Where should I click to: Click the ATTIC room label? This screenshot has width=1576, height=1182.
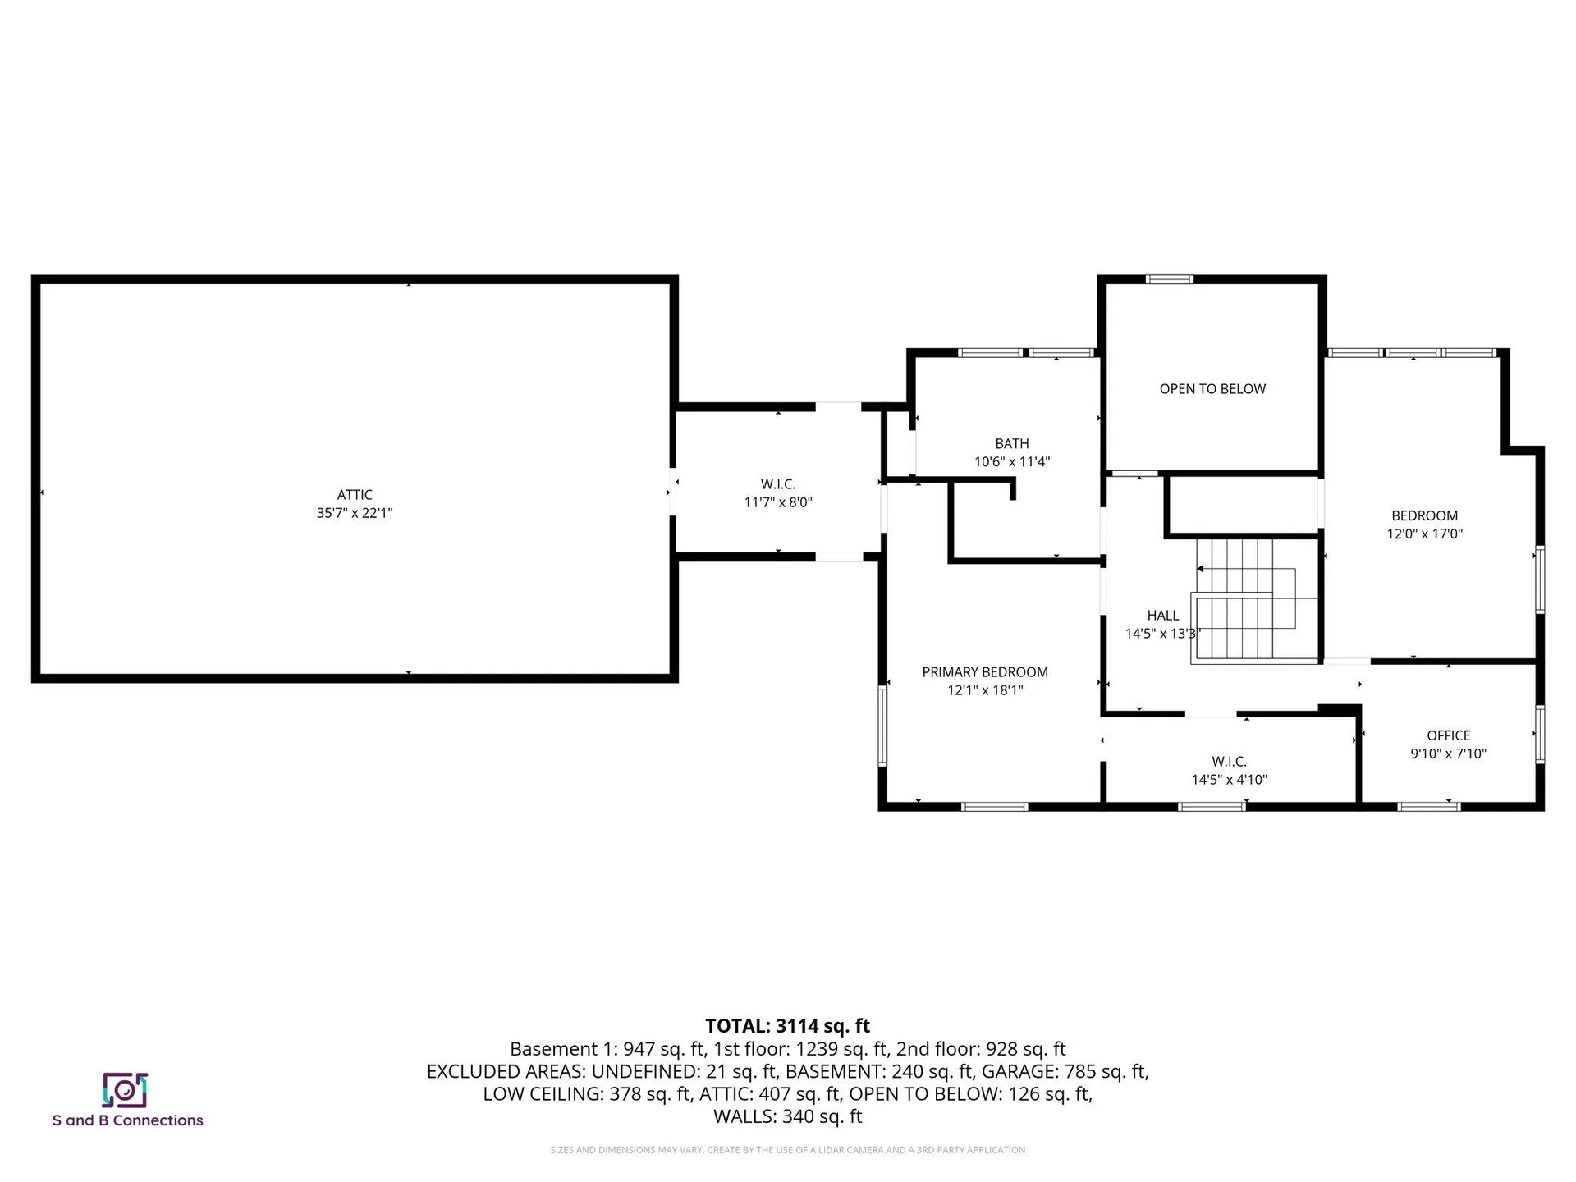coord(355,495)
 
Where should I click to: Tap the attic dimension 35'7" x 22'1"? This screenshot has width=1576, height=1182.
coord(355,513)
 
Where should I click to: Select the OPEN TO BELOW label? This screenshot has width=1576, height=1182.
coord(1212,389)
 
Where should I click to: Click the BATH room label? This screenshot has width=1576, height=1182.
coord(1011,444)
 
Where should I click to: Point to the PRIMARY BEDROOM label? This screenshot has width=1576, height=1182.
coord(985,672)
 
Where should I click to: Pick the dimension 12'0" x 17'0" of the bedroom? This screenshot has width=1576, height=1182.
coord(1425,534)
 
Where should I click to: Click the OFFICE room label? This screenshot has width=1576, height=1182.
coord(1448,735)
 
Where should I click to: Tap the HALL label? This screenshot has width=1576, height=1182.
coord(1162,616)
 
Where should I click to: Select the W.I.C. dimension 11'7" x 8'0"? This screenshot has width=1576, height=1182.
coord(778,502)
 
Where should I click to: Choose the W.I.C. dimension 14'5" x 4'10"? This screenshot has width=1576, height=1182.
coord(1229,780)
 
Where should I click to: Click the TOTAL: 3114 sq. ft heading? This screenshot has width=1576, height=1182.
coord(787,1026)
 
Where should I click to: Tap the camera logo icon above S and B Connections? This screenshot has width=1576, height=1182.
coord(125,1090)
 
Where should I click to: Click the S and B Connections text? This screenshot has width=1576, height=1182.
coord(127,1120)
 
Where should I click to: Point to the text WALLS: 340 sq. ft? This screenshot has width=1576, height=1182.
coord(787,1116)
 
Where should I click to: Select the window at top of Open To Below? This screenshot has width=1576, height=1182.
coord(1169,279)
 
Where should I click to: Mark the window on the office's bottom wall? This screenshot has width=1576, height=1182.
coord(1428,807)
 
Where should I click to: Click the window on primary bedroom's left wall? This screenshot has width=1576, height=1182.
coord(883,726)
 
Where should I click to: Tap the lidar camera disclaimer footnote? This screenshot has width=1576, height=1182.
coord(787,1150)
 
